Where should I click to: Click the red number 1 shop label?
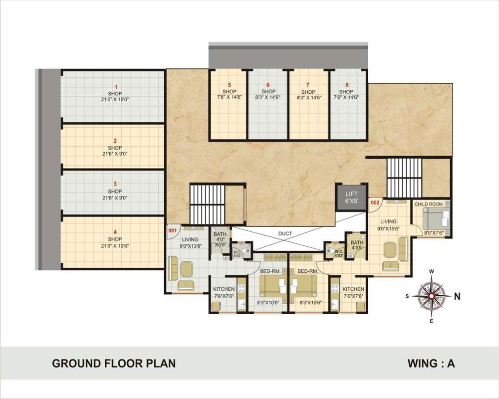[x=116, y=87]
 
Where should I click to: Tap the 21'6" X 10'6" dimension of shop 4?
[x=115, y=246]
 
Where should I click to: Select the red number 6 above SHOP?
[x=268, y=85]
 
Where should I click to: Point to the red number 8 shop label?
[x=347, y=85]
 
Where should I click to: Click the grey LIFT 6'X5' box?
[x=352, y=198]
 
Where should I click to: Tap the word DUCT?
[x=285, y=233]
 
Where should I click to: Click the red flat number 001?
[x=172, y=231]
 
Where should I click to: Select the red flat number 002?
[x=375, y=202]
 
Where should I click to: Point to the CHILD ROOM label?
[x=429, y=204]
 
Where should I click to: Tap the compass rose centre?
[x=431, y=296]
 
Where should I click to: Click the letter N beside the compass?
[x=457, y=297]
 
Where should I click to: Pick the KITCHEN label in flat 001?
[x=224, y=289]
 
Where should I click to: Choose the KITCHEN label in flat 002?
[x=353, y=289]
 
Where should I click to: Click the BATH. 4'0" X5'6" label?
[x=221, y=239]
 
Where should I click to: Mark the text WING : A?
[x=431, y=364]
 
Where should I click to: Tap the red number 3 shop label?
[x=115, y=184]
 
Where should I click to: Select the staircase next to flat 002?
[x=404, y=178]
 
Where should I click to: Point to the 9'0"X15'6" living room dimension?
[x=388, y=228]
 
